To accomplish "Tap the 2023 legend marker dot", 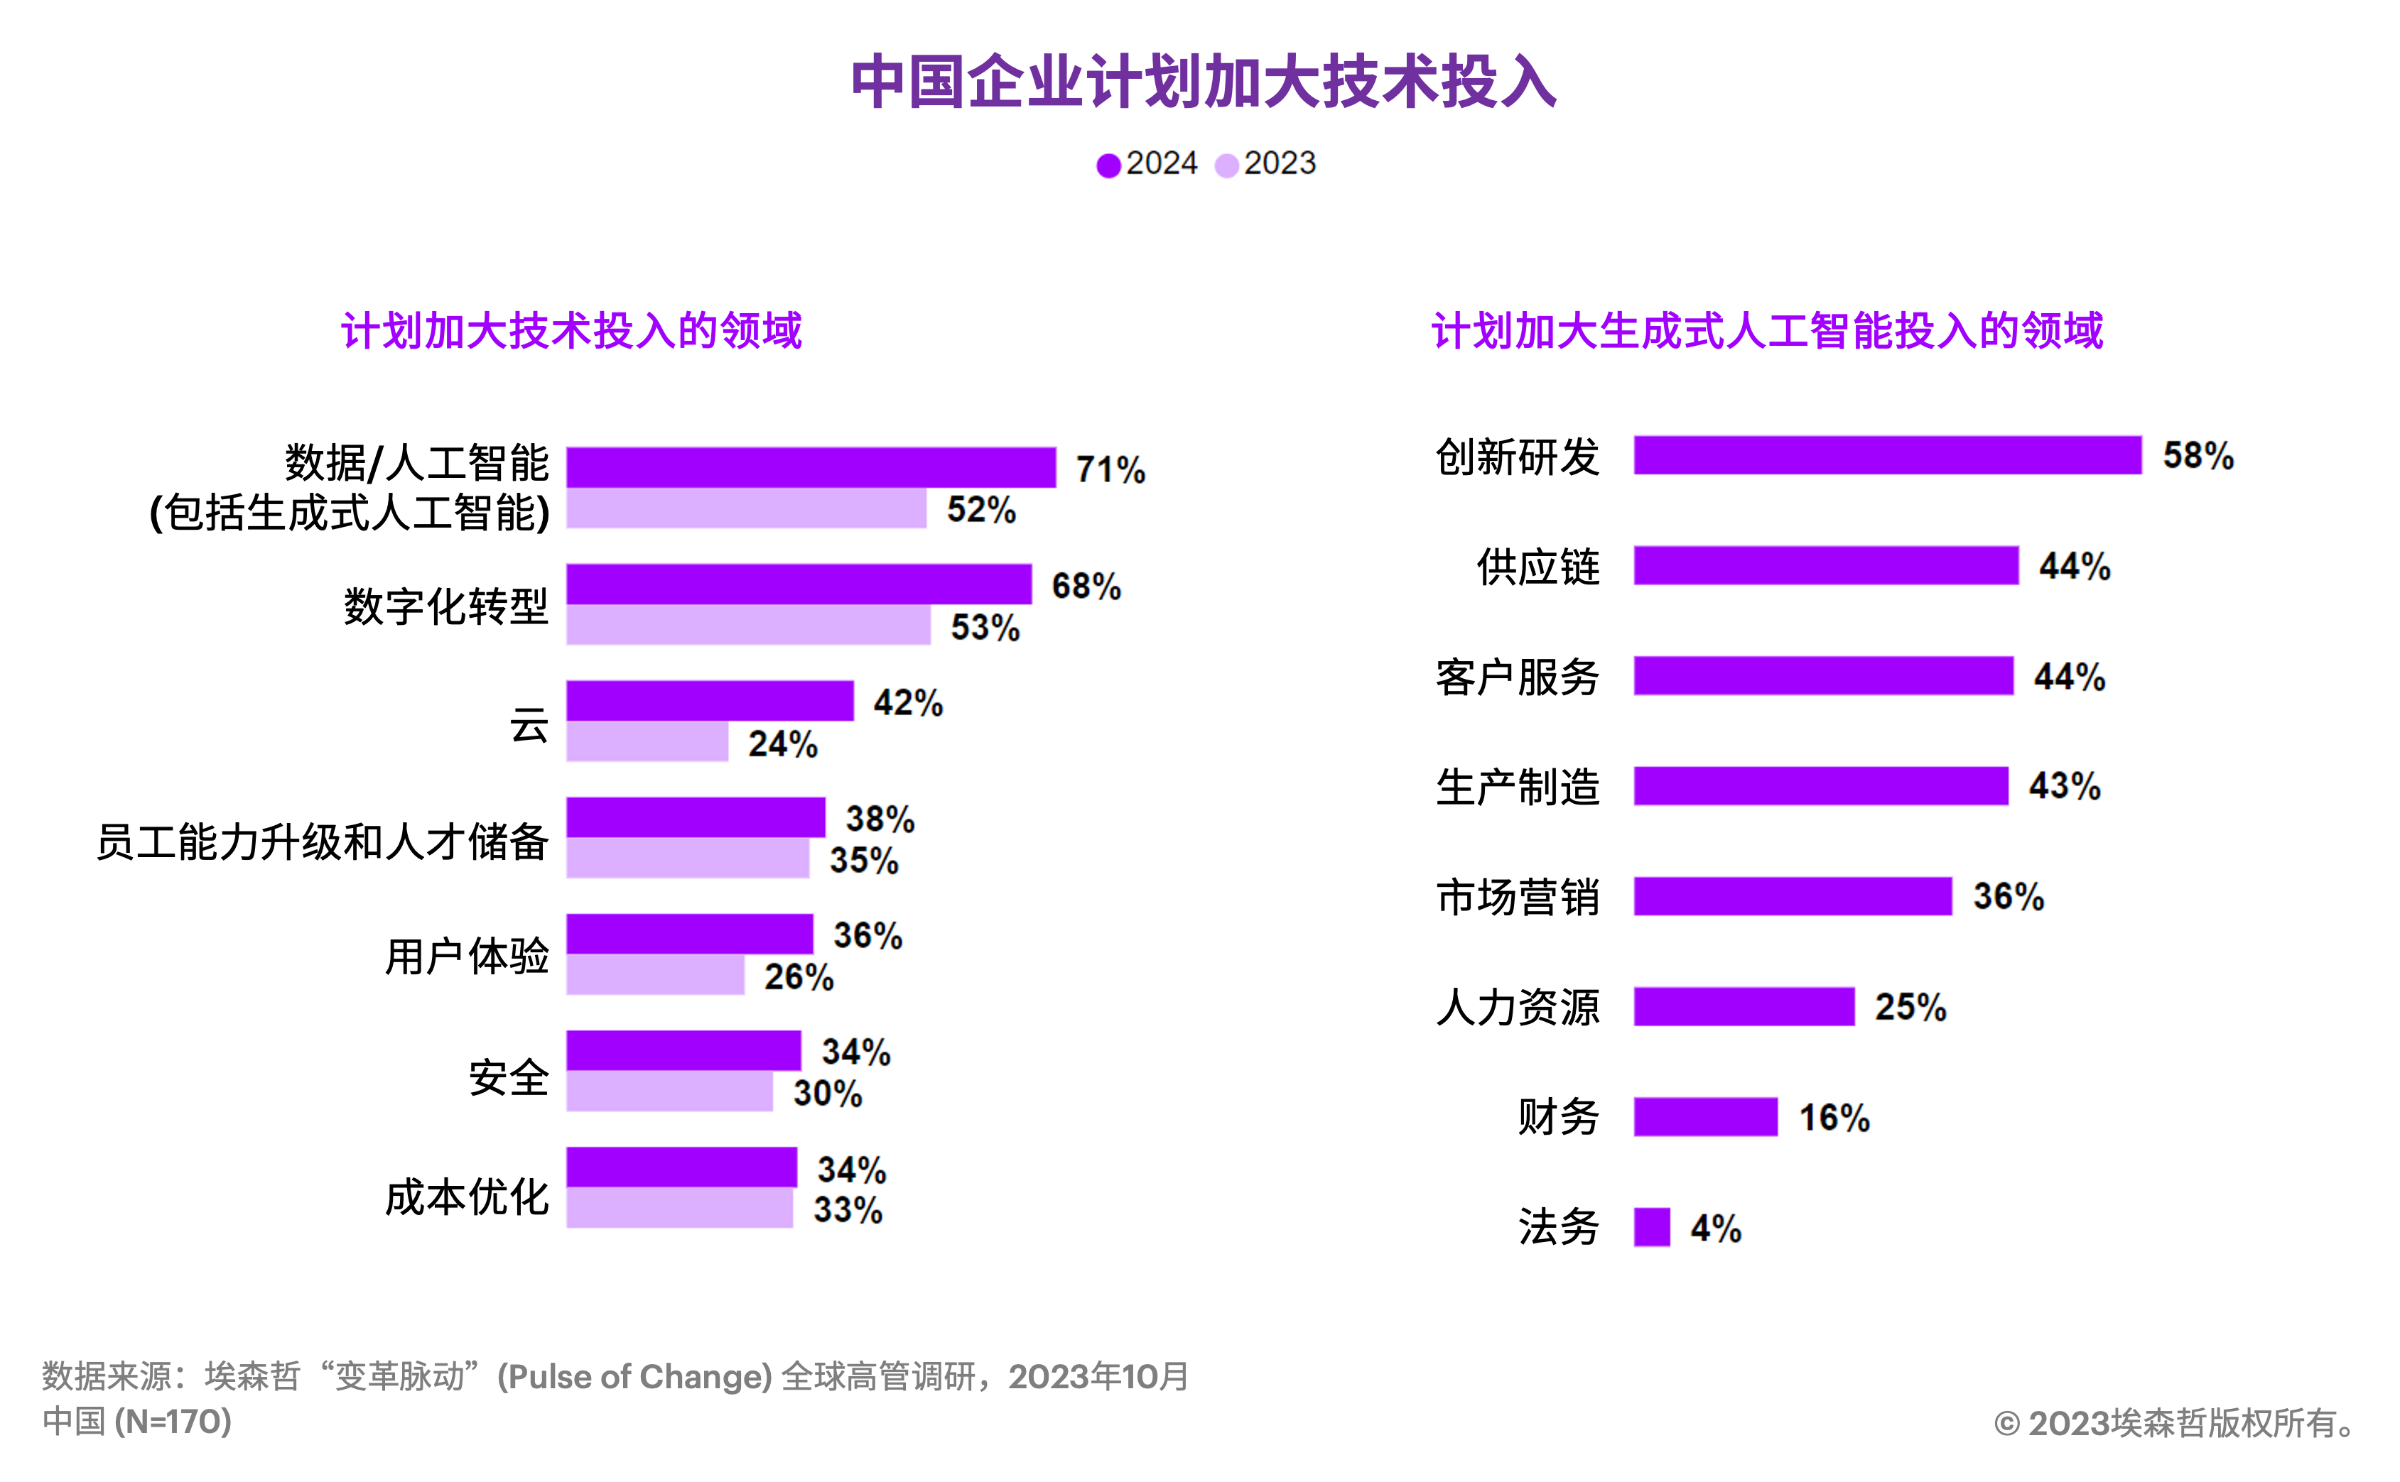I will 1226,165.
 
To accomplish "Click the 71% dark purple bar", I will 811,467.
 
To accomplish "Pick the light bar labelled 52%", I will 746,508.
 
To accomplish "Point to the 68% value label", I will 1086,586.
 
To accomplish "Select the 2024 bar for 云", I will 710,701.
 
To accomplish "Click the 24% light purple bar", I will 647,742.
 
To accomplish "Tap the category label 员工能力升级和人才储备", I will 322,841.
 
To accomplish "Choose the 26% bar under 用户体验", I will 655,975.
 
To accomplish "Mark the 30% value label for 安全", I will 828,1093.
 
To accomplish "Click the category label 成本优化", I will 467,1197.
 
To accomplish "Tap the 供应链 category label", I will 1537,567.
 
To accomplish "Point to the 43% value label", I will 2065,786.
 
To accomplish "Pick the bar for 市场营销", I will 1792,897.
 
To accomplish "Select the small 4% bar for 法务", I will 1652,1227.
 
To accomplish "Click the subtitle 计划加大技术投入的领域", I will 571,330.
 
